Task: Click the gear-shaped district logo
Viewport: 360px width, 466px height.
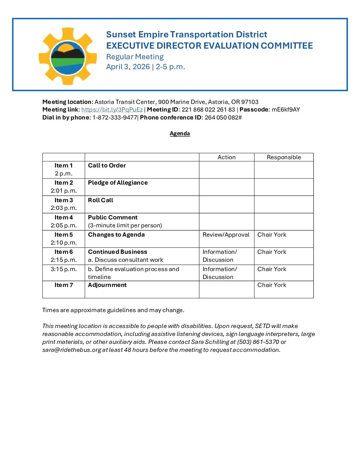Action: pyautogui.click(x=68, y=56)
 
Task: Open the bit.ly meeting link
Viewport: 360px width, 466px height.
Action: pyautogui.click(x=112, y=110)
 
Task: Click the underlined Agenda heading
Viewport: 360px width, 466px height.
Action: pyautogui.click(x=180, y=133)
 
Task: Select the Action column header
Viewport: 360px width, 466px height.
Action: pyautogui.click(x=226, y=157)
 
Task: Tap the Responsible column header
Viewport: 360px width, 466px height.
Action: pyautogui.click(x=284, y=157)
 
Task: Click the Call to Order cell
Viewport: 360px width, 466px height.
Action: pyautogui.click(x=107, y=165)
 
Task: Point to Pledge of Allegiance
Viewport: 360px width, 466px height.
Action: pyautogui.click(x=118, y=183)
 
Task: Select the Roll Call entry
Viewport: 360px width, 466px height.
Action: pyautogui.click(x=101, y=200)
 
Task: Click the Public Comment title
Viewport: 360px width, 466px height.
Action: pyautogui.click(x=112, y=217)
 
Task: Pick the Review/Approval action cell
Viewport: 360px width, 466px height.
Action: pyautogui.click(x=226, y=235)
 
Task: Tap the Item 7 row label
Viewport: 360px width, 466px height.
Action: pyautogui.click(x=64, y=285)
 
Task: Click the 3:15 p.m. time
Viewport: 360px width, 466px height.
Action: pyautogui.click(x=64, y=269)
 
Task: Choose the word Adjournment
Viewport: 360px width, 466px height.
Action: pyautogui.click(x=107, y=285)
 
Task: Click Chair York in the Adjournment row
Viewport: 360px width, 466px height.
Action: pyautogui.click(x=272, y=285)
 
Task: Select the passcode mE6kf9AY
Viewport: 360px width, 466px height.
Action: pyautogui.click(x=286, y=110)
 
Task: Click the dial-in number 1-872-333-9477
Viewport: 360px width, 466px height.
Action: pyautogui.click(x=114, y=117)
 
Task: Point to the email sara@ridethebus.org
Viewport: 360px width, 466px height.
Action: pyautogui.click(x=71, y=350)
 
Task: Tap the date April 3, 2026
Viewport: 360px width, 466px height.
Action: pyautogui.click(x=128, y=67)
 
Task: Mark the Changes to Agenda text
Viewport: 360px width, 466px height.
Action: pyautogui.click(x=116, y=235)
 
